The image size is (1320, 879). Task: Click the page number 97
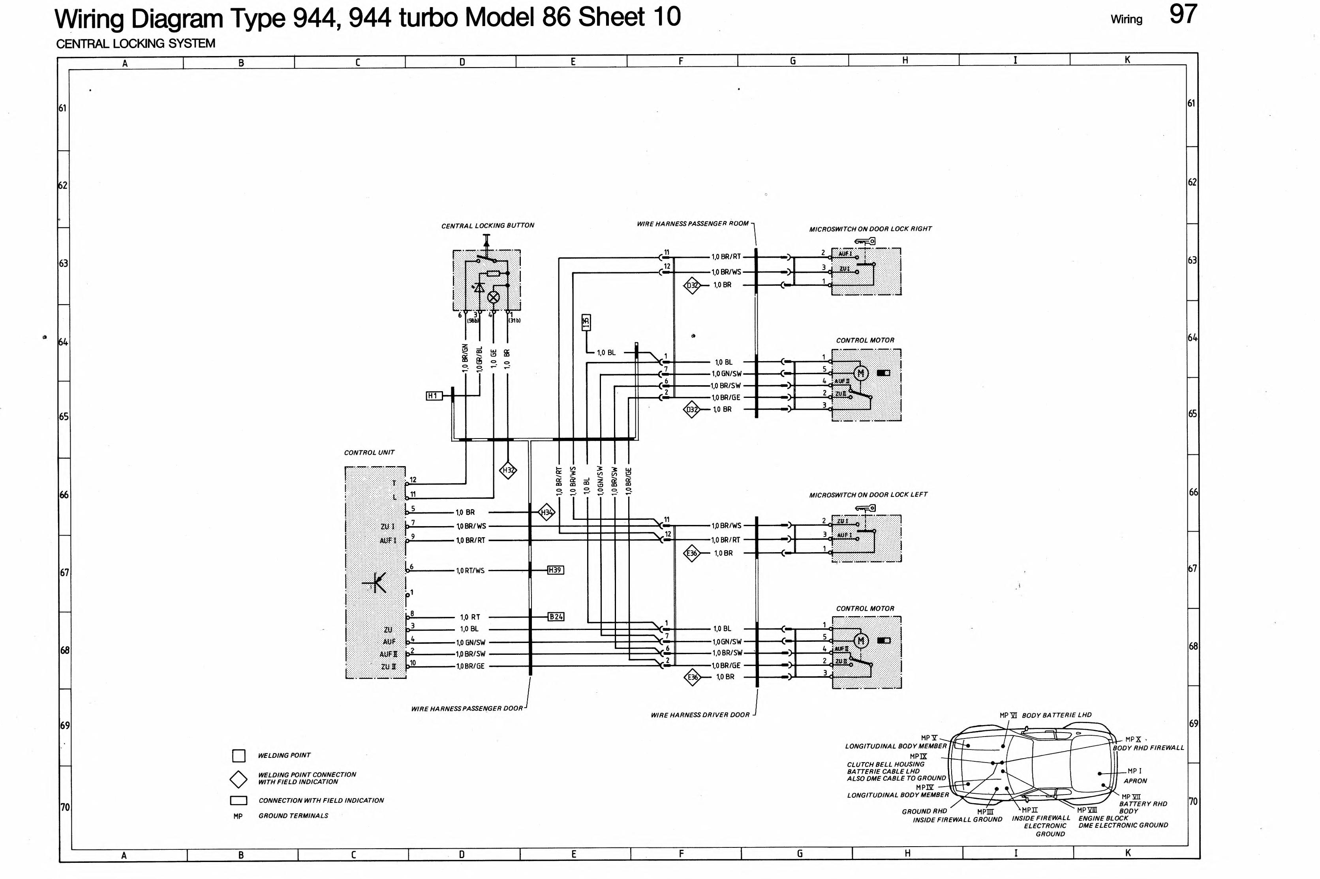[1183, 15]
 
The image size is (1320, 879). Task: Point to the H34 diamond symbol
[546, 512]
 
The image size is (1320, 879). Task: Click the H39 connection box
[555, 570]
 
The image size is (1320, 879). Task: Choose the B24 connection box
[556, 617]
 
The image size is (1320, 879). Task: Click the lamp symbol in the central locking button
[494, 297]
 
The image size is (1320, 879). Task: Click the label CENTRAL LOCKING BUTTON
[488, 225]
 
